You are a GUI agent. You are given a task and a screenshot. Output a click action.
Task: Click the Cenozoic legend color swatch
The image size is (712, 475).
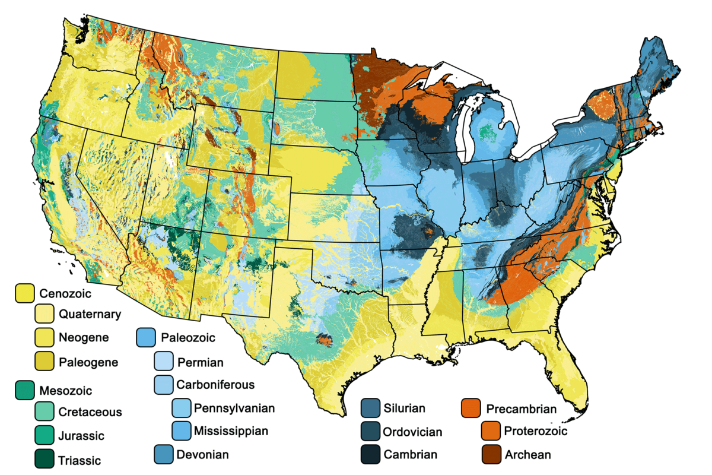(25, 292)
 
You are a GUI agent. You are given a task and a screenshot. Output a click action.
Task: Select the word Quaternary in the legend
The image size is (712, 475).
(90, 314)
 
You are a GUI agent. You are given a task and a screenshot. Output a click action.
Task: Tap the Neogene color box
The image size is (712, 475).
(44, 337)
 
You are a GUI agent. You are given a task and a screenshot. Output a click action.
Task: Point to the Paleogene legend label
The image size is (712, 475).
(88, 362)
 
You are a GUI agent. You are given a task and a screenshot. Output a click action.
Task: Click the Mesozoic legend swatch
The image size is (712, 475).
(25, 389)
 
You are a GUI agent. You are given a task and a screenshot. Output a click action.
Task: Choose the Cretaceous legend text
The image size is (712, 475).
(90, 411)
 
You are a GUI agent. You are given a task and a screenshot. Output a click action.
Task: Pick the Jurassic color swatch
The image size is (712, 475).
(44, 435)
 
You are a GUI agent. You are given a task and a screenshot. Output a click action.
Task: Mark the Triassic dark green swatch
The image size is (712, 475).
(44, 459)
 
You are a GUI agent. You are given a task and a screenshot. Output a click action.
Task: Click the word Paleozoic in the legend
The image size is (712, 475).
(187, 338)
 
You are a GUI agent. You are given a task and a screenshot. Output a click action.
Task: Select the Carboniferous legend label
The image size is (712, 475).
(215, 385)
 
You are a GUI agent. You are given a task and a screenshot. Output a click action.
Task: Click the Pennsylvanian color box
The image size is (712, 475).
(182, 408)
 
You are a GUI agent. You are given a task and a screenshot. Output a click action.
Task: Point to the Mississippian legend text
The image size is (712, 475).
(231, 430)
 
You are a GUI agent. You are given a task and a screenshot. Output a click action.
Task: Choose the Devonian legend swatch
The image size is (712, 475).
(164, 454)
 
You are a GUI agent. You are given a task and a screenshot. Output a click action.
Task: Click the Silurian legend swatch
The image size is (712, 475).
(371, 408)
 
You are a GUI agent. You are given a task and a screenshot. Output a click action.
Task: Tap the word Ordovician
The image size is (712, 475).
(412, 432)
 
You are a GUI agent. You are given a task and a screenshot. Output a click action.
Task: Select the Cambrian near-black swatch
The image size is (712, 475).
(371, 454)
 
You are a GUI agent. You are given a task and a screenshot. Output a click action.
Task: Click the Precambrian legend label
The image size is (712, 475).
(521, 408)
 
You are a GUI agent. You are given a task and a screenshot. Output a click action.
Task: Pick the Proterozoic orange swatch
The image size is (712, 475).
(491, 431)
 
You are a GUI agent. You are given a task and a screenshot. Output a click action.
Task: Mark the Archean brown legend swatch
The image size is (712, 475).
(491, 454)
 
